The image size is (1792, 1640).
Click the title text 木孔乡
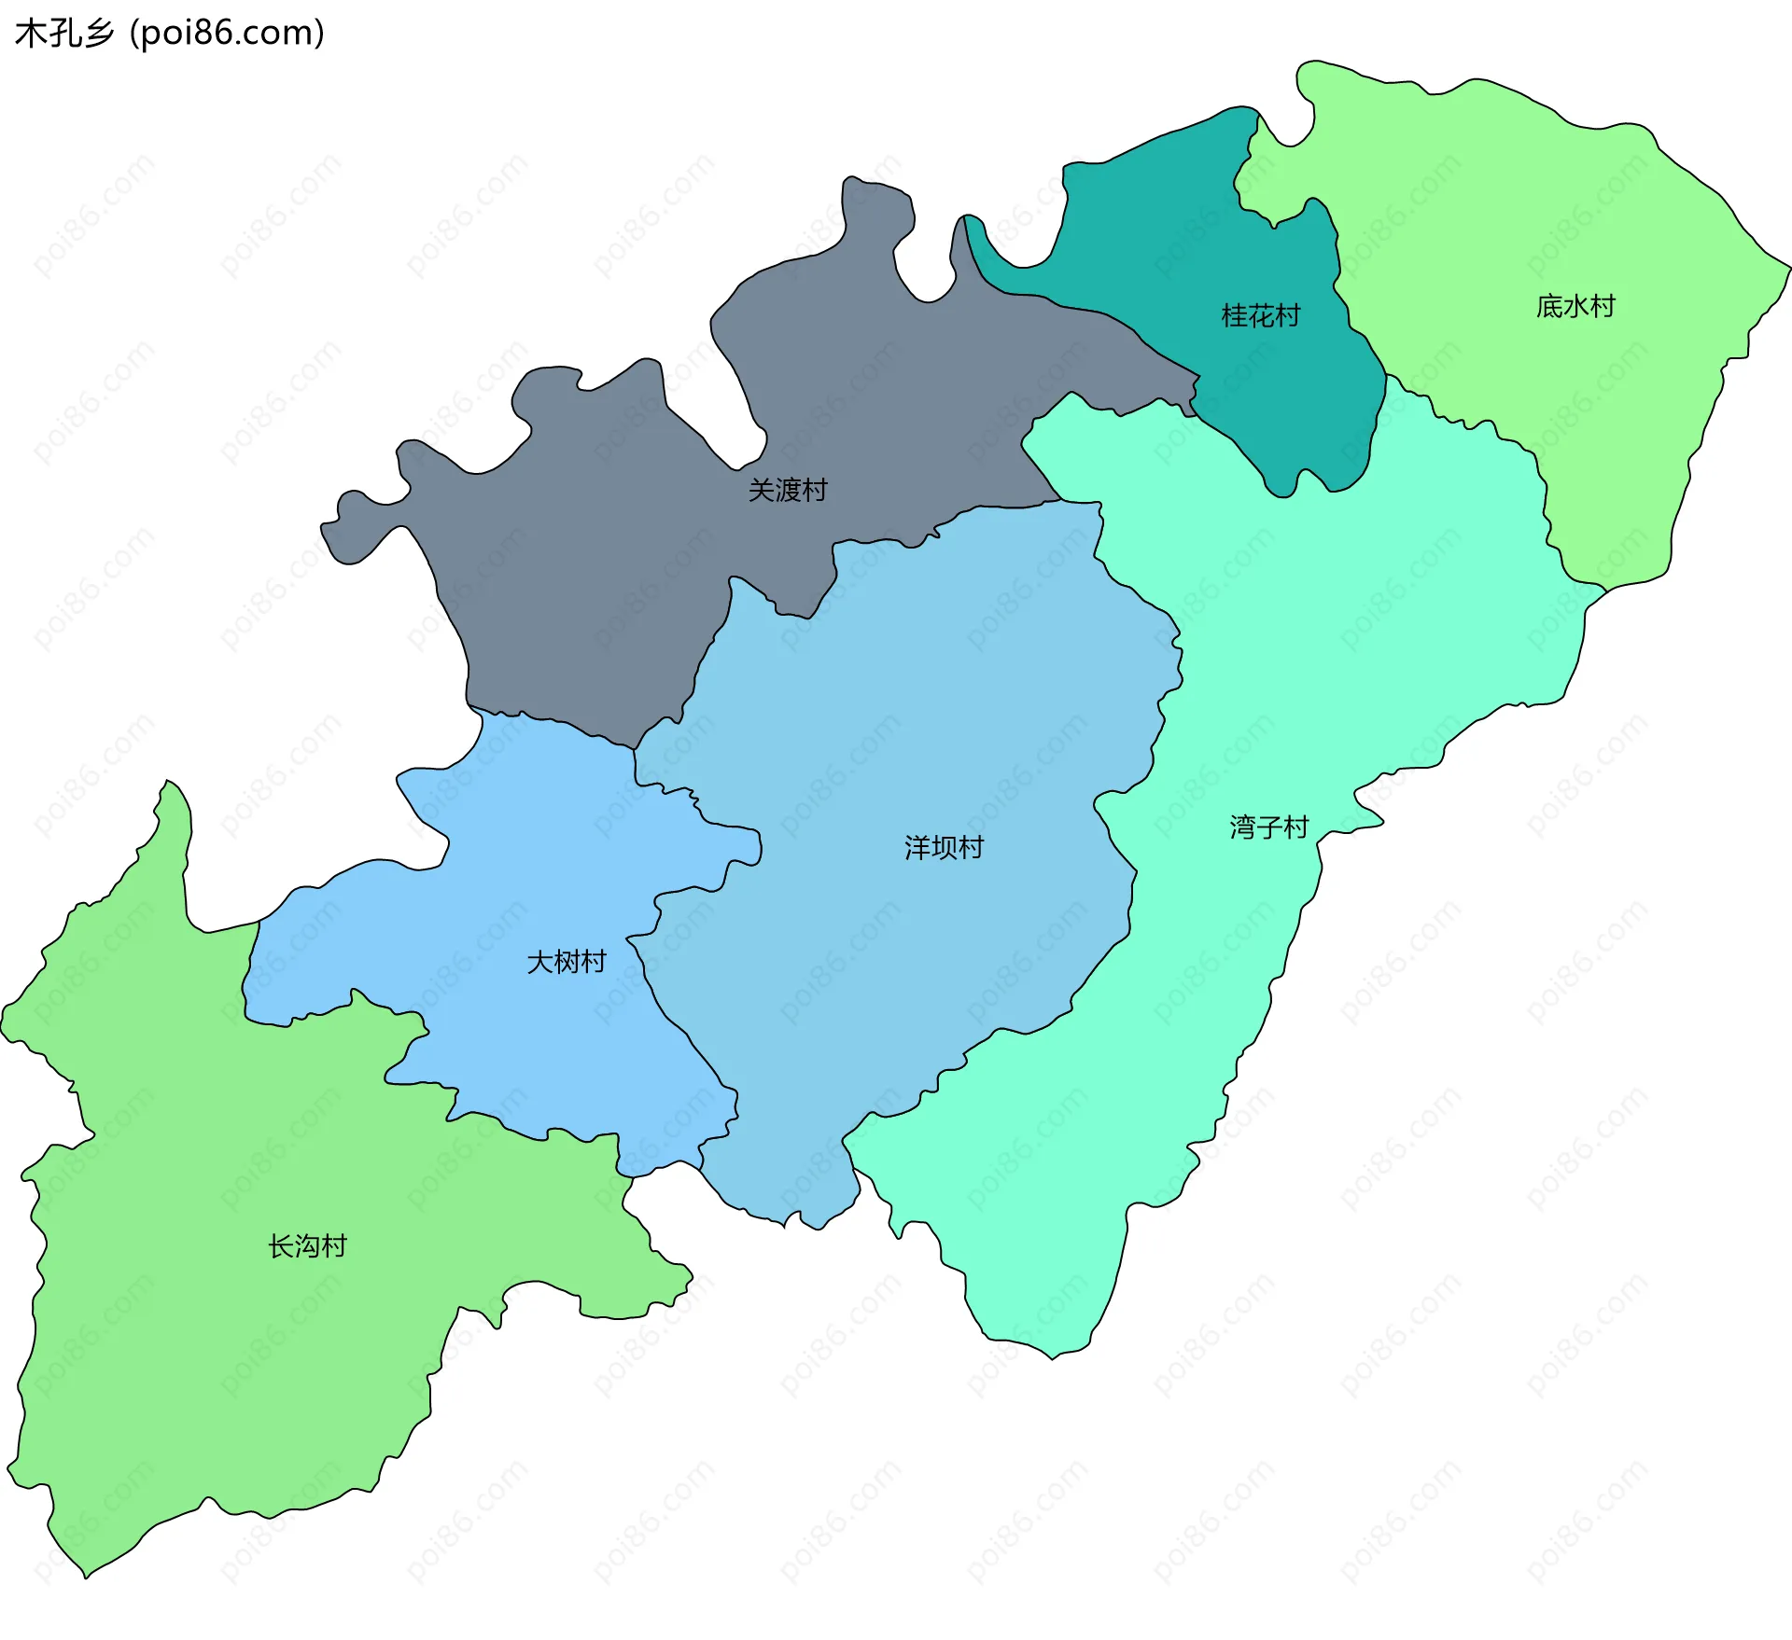[x=63, y=34]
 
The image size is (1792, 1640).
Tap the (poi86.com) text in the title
[x=227, y=34]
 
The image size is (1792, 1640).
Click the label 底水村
[x=1575, y=306]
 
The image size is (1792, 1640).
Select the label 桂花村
[x=1260, y=316]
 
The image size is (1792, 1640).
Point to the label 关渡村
[x=788, y=490]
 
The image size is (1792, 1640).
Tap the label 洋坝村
[x=944, y=847]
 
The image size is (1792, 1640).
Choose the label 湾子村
[x=1268, y=827]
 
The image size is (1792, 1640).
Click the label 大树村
[x=567, y=962]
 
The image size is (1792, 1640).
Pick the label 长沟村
[x=307, y=1246]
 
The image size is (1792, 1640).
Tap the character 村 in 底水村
[x=1603, y=306]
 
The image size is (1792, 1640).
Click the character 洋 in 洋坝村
[x=917, y=847]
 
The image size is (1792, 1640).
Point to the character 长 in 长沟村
[x=281, y=1246]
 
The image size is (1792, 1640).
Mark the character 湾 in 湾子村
[x=1242, y=827]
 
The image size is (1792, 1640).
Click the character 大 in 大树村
[x=540, y=962]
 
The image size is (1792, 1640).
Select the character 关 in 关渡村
[x=762, y=490]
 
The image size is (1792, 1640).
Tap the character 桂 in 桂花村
[x=1234, y=316]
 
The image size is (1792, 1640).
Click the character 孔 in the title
[x=64, y=34]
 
